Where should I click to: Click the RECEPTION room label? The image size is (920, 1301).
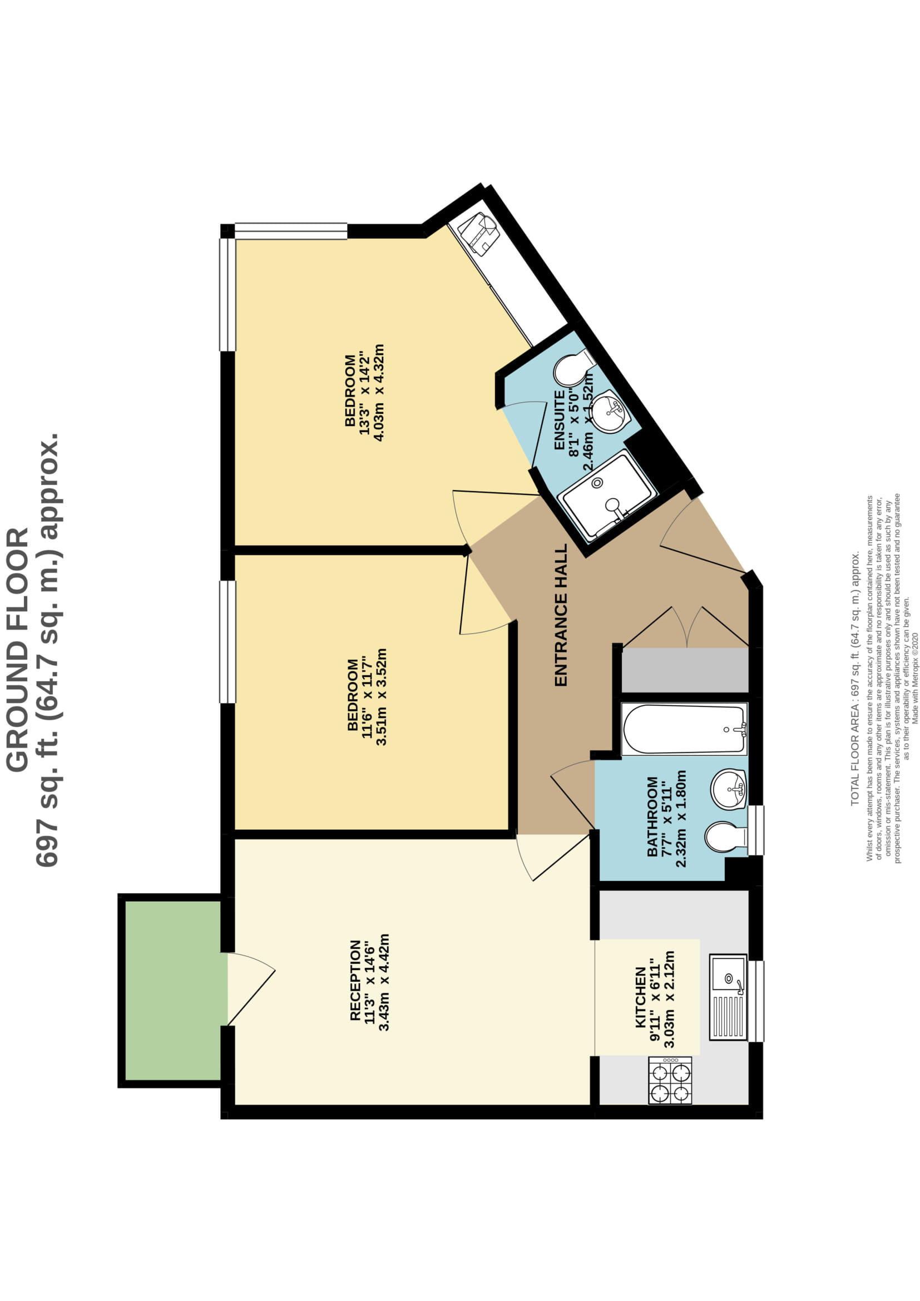tap(355, 981)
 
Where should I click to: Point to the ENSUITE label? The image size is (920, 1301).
tap(559, 421)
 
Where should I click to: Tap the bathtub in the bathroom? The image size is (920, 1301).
tap(684, 729)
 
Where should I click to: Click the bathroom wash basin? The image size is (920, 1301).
tap(729, 789)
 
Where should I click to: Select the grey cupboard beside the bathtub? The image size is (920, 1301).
tap(685, 670)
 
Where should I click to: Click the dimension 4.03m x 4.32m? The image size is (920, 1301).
tap(379, 392)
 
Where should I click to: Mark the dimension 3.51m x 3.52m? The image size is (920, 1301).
tap(381, 697)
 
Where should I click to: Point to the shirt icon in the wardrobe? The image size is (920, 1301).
tap(479, 234)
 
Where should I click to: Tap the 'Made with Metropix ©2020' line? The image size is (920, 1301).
tap(915, 671)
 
